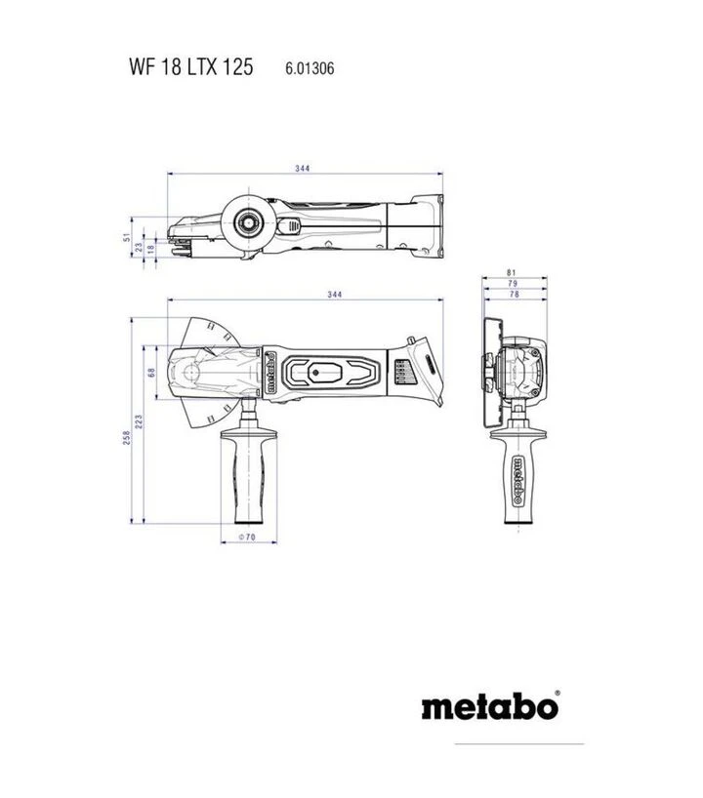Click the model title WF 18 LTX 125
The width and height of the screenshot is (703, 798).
(190, 68)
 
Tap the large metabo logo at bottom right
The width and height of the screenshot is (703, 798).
(490, 705)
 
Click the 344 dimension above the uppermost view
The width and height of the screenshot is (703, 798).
(303, 169)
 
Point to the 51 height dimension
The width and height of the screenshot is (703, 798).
(125, 236)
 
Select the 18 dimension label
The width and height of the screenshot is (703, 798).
(150, 251)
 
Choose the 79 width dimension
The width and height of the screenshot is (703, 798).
(513, 283)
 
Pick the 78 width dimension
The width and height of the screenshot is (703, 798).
(513, 294)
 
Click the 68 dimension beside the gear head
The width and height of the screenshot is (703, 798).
(151, 372)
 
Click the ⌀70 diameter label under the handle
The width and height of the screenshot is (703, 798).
(246, 538)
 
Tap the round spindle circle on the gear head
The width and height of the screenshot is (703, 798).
(192, 372)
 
